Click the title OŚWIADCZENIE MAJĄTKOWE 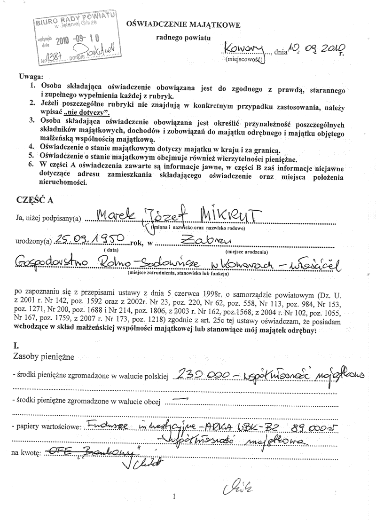point(183,24)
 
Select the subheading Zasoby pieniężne point(44,358)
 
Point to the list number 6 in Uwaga point(31,165)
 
